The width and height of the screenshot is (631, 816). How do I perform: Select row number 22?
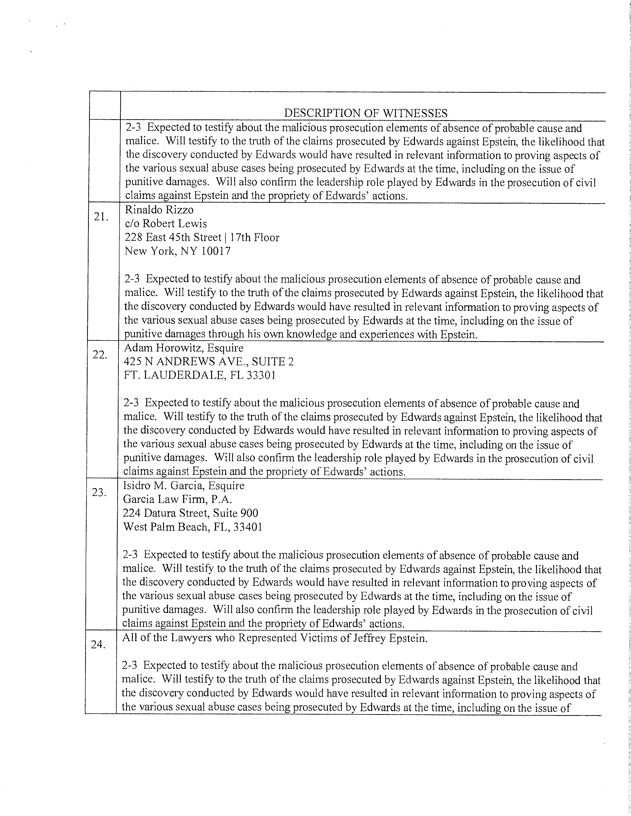point(100,355)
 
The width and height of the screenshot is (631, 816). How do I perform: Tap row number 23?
point(99,492)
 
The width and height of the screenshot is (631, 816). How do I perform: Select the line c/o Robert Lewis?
point(166,224)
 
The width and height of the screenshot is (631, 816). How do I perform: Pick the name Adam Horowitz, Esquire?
point(184,348)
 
